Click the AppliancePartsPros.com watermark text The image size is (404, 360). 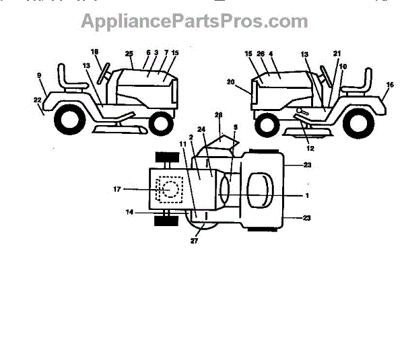(195, 21)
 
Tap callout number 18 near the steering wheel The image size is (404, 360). (94, 52)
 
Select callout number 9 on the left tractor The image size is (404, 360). (40, 75)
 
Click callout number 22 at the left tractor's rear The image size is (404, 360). (38, 100)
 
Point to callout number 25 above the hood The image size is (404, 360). (128, 52)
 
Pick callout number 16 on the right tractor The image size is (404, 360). (389, 85)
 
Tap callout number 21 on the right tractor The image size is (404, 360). (337, 53)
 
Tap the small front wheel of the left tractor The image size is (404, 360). (160, 123)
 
